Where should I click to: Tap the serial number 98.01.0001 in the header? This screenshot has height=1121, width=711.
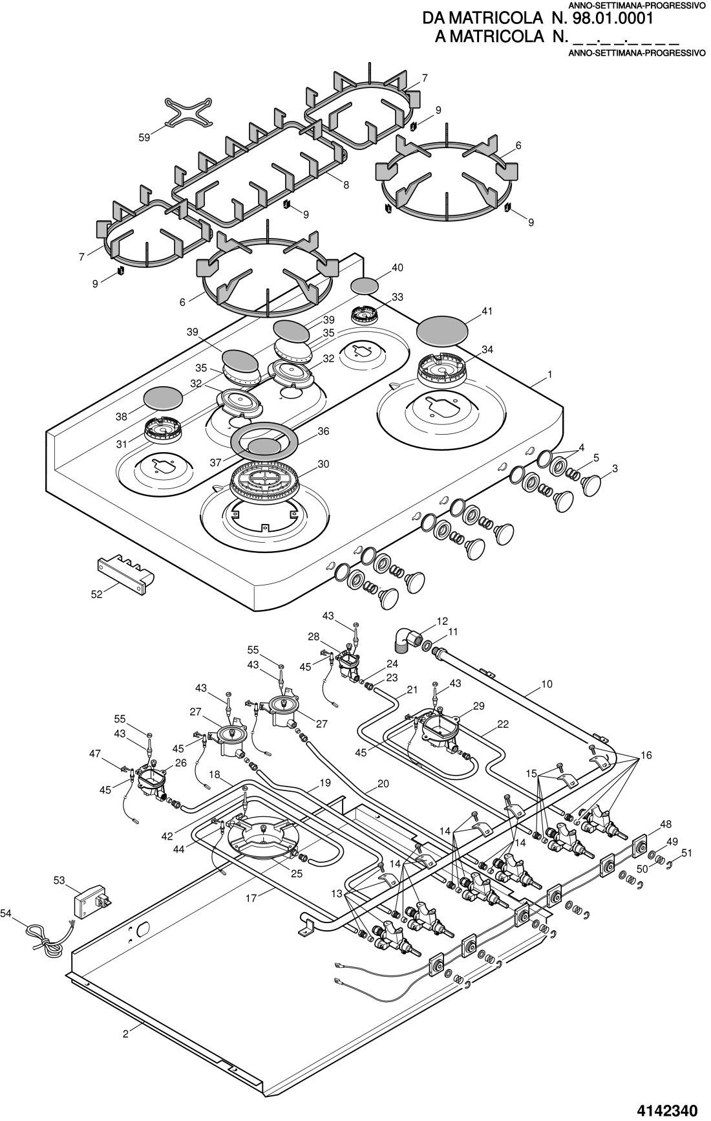coord(612,18)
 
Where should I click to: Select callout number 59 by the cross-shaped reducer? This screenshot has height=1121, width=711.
coord(143,137)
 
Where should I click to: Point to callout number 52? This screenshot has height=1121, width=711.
coord(96,594)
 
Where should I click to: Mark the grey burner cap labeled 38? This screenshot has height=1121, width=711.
coord(164,398)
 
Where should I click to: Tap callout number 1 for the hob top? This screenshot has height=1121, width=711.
coord(549,375)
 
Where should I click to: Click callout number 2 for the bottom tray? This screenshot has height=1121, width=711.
coord(125,1034)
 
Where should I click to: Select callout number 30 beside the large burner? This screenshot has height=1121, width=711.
coord(323,464)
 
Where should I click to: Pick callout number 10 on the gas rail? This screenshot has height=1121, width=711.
coord(547,684)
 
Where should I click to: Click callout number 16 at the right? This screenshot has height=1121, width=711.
coord(646,756)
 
